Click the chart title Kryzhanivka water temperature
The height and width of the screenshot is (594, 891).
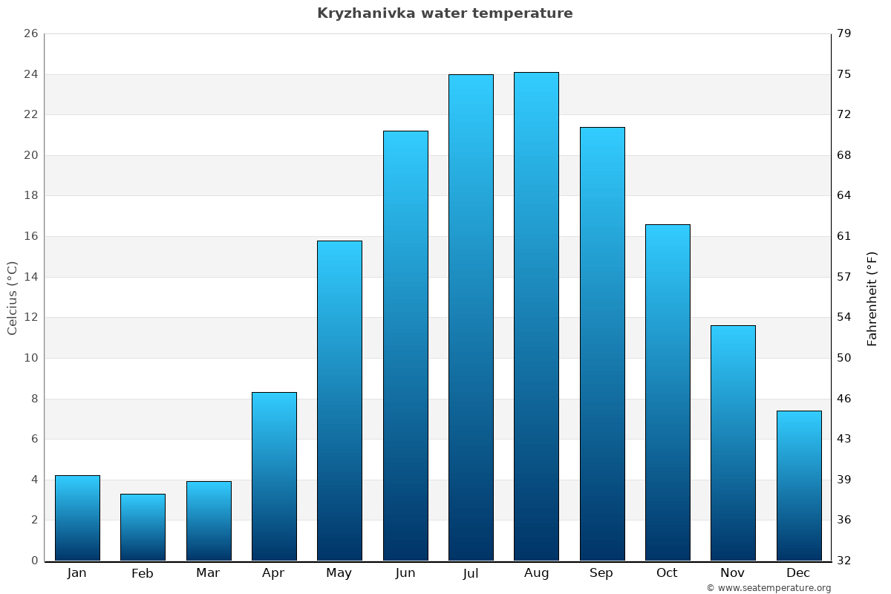445,13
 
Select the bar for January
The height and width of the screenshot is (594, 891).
77,518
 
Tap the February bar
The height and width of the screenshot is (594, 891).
143,527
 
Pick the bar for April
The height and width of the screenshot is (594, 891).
274,476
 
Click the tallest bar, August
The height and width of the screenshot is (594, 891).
536,316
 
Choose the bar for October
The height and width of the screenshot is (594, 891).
668,392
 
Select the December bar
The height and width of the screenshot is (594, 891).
799,486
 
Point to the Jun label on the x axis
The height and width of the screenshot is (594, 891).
405,573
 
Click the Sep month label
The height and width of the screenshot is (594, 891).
601,573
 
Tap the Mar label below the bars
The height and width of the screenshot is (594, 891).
208,573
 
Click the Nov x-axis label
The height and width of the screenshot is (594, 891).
733,573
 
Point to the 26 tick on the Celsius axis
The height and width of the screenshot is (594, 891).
30,34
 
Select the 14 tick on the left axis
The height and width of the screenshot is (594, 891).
30,277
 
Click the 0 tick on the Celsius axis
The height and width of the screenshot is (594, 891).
34,561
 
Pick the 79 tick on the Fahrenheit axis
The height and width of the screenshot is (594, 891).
845,34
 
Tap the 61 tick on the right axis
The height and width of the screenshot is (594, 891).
845,236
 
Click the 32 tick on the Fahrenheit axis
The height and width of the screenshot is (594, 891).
845,561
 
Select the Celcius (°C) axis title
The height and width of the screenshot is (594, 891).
13,298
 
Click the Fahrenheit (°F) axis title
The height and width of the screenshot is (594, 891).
872,298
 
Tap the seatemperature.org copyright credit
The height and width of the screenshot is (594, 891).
768,588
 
